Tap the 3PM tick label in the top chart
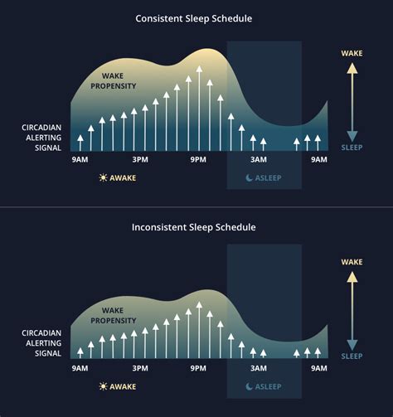pos(140,158)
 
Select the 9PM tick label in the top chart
pos(199,158)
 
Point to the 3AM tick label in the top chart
pos(260,158)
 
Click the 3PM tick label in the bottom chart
pos(140,367)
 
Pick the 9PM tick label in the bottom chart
pos(199,367)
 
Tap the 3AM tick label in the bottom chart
pos(260,367)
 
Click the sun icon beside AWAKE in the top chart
pos(103,177)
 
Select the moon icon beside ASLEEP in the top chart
pos(249,177)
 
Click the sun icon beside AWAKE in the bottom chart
pos(103,386)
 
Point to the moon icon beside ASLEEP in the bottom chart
pos(249,386)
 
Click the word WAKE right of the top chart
pos(352,53)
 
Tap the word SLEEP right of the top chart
pos(352,147)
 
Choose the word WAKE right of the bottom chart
pos(352,262)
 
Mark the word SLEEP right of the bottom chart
pos(352,356)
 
